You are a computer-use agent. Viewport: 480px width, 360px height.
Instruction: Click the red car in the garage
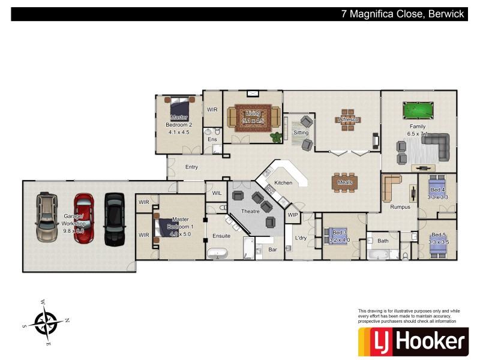(x=83, y=218)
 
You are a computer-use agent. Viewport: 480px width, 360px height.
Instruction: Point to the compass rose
(x=46, y=322)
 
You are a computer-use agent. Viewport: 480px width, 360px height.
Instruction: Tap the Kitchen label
(x=283, y=182)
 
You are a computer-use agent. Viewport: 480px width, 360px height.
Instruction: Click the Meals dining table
(x=344, y=182)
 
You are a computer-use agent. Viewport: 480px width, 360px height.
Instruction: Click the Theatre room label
(x=250, y=211)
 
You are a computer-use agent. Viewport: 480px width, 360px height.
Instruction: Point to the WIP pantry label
(x=293, y=215)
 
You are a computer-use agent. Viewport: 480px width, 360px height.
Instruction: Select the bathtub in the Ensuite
(x=219, y=253)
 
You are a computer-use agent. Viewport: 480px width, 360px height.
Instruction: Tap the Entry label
(x=191, y=167)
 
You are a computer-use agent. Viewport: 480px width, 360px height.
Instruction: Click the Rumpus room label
(x=400, y=207)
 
